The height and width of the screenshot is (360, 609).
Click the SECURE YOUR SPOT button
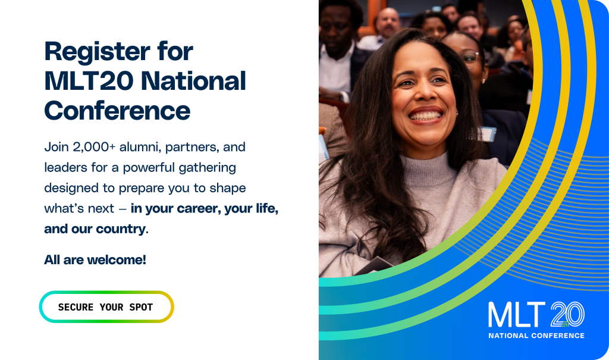tap(106, 306)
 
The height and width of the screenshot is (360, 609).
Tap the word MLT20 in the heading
tap(89, 81)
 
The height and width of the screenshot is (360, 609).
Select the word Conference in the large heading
tap(117, 111)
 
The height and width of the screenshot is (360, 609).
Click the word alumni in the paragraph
tap(140, 147)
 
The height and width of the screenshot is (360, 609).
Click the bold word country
tap(120, 229)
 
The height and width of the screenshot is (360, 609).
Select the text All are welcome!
tap(95, 259)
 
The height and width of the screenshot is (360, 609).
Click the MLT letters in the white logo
tap(517, 315)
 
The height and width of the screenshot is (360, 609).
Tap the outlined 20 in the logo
tap(567, 314)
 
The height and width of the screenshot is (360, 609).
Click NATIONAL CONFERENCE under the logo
tap(536, 336)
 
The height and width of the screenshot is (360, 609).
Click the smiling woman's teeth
tap(425, 116)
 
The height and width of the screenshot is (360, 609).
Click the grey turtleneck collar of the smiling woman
tap(425, 170)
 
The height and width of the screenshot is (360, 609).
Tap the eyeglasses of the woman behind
tap(471, 58)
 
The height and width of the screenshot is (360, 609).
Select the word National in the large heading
tap(193, 81)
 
